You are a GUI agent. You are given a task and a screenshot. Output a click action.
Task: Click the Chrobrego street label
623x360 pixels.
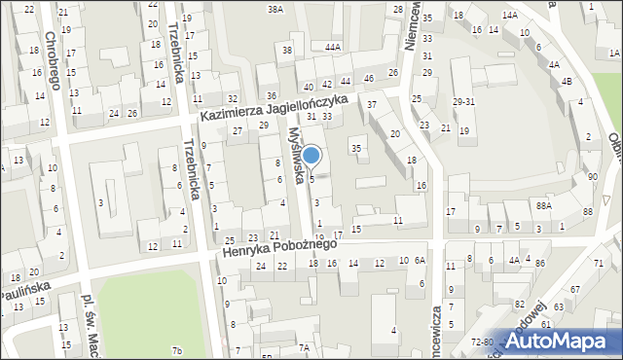[x=52, y=60]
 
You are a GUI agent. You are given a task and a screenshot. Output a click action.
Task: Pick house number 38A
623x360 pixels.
[x=276, y=9]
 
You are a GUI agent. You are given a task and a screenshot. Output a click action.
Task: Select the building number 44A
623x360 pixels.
[x=334, y=47]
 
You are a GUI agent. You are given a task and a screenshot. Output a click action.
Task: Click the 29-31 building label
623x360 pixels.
[x=463, y=102]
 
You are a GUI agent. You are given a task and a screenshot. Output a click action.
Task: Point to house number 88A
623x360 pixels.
[x=543, y=205]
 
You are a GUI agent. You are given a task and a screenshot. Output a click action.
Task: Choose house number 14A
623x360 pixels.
[x=509, y=17]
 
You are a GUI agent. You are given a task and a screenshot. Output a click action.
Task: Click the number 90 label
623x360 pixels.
[x=593, y=177]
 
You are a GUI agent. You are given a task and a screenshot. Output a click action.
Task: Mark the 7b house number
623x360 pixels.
[x=176, y=350]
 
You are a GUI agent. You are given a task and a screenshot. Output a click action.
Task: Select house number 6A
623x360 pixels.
[x=420, y=261]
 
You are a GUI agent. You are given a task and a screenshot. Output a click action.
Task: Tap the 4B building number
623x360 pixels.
[x=568, y=82]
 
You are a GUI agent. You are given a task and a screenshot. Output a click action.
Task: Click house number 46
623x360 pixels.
[x=368, y=78]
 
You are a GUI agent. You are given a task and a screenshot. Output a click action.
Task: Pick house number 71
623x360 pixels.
[x=599, y=265]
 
